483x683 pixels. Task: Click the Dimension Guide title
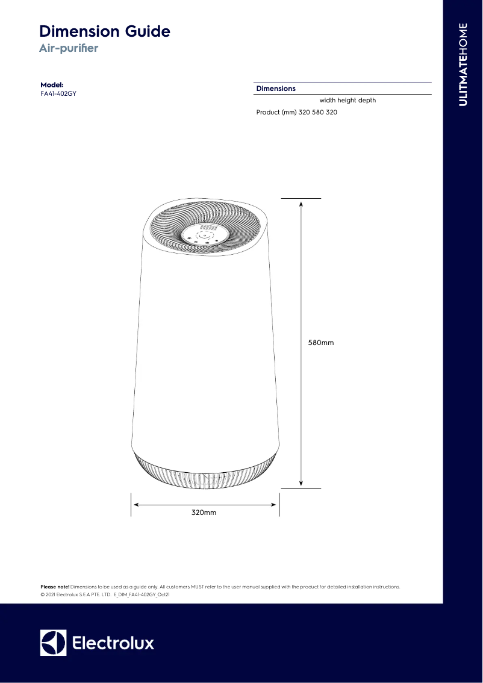click(x=104, y=31)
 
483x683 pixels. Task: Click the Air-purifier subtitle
click(x=68, y=48)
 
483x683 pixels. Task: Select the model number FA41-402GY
click(x=58, y=94)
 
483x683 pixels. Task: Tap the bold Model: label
click(x=52, y=85)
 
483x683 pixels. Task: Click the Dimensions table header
click(x=276, y=89)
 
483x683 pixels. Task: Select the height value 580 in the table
click(x=318, y=113)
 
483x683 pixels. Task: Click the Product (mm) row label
click(x=276, y=113)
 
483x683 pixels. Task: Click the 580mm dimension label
click(x=321, y=343)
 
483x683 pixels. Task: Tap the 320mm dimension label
click(x=204, y=513)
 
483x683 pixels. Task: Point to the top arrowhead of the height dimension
click(x=301, y=203)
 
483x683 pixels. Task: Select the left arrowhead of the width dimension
click(x=136, y=505)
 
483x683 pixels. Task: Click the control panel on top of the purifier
click(x=204, y=233)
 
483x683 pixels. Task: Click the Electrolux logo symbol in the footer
click(x=53, y=643)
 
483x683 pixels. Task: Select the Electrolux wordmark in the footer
click(x=113, y=643)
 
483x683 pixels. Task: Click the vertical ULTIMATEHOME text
click(x=463, y=64)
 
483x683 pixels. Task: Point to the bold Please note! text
click(x=55, y=586)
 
